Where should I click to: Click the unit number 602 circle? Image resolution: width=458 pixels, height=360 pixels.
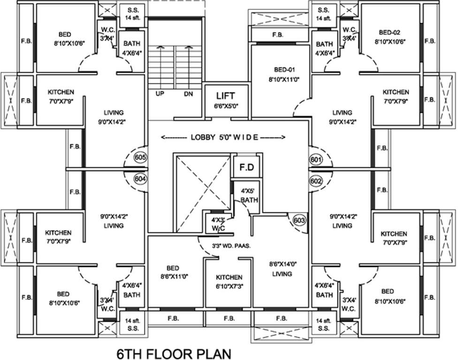coord(316,180)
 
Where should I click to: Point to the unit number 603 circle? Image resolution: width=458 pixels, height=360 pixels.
coord(299,220)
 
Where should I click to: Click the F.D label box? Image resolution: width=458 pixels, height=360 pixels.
coord(247,167)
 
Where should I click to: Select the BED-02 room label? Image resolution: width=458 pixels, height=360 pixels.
coord(390,37)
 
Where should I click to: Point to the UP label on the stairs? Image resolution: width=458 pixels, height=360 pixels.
coord(160,94)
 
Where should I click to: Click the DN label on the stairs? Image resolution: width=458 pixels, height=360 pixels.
coord(188,94)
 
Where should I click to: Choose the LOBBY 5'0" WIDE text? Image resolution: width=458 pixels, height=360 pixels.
coord(223,137)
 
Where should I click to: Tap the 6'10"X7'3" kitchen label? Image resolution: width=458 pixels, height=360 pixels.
coord(229,281)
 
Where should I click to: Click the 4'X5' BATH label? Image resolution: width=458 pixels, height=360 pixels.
coord(246,195)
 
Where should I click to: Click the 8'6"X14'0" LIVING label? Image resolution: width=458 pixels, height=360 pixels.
coord(282,269)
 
